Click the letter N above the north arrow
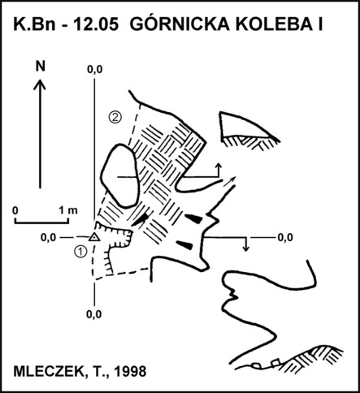[41, 66]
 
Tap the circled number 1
[80, 252]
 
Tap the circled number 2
[115, 117]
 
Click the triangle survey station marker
[94, 237]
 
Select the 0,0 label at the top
[95, 70]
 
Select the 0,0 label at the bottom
[94, 314]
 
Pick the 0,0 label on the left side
[48, 238]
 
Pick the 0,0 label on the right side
[285, 237]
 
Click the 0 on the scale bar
[15, 210]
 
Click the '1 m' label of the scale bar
[68, 210]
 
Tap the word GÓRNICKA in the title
[180, 24]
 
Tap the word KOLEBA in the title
[273, 24]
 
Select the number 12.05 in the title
[96, 24]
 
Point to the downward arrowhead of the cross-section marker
[245, 248]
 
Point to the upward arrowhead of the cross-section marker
[219, 166]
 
